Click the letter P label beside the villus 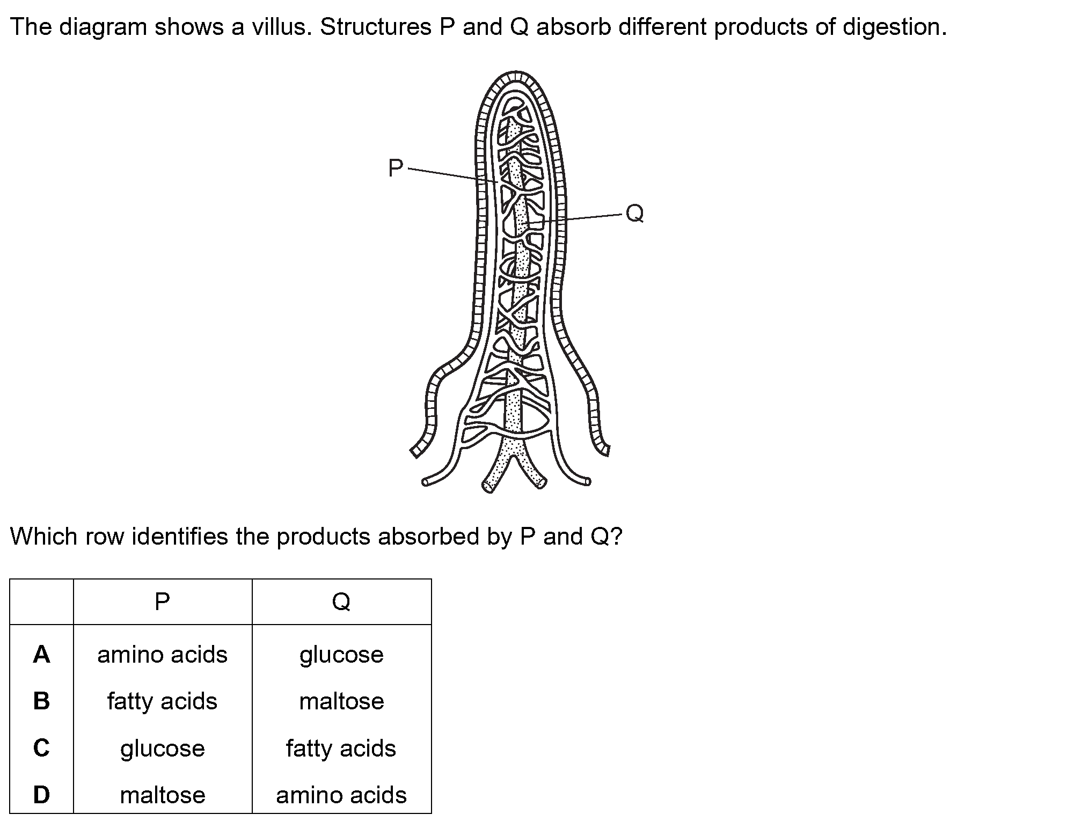click(396, 168)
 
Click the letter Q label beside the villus click(634, 213)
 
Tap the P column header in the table click(162, 601)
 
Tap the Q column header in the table click(341, 602)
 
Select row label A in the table click(41, 654)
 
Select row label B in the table click(41, 701)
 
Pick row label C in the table click(41, 747)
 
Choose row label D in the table click(41, 795)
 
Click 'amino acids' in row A click(162, 655)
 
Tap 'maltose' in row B click(341, 701)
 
